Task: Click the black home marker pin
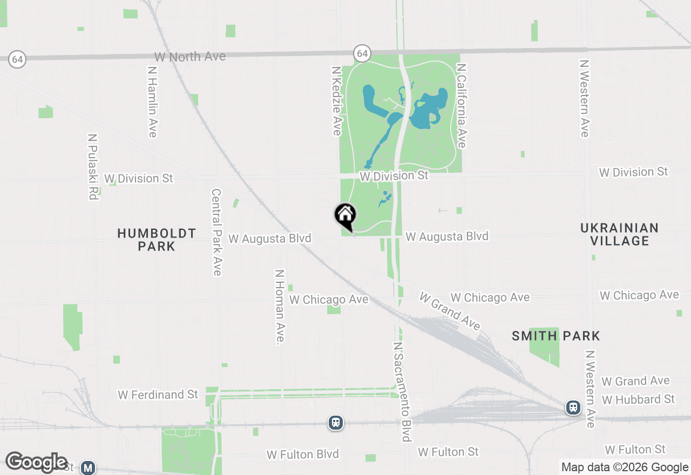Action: click(x=345, y=215)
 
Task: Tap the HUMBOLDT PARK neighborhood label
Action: click(x=157, y=240)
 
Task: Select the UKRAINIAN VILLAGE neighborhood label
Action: click(x=619, y=234)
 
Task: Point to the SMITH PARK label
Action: click(x=555, y=336)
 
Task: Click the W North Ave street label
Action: click(x=189, y=57)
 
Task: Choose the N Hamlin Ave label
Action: click(x=152, y=101)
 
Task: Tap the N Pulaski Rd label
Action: click(x=92, y=167)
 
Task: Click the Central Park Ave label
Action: click(x=216, y=232)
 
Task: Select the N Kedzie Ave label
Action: click(x=337, y=100)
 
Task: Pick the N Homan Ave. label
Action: click(x=280, y=307)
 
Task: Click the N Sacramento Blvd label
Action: click(x=402, y=391)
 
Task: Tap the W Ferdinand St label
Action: click(x=158, y=395)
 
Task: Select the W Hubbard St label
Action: click(x=638, y=399)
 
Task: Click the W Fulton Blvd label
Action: click(x=302, y=454)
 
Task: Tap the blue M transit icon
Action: click(x=88, y=467)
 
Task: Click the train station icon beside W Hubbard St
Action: click(x=573, y=408)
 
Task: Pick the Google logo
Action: click(x=36, y=462)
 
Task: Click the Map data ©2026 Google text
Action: click(x=625, y=467)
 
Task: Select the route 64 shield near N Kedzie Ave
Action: click(x=362, y=53)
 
